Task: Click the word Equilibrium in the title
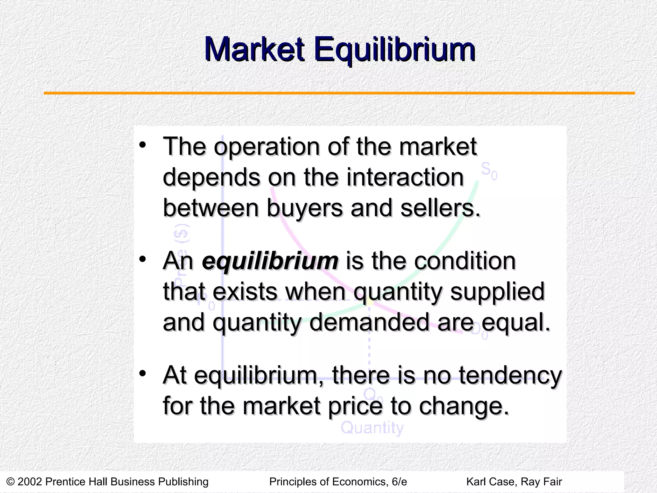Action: tap(395, 50)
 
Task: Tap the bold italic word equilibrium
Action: tap(270, 261)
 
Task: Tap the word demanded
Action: tap(369, 323)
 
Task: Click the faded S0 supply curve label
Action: tap(489, 171)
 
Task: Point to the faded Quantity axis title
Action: tap(372, 428)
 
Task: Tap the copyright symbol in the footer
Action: tap(10, 481)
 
